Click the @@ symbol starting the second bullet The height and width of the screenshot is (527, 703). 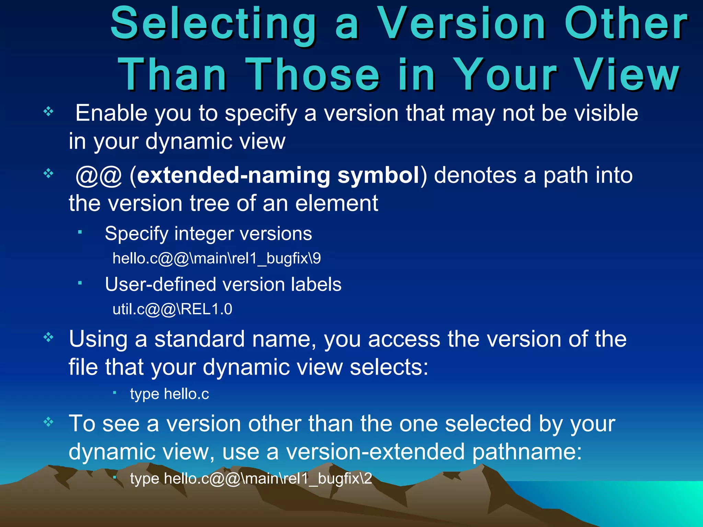[99, 176]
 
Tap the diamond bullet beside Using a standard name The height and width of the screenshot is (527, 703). [48, 337]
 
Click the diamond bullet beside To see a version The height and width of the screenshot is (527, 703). [48, 422]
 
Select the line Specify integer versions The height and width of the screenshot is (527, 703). [208, 234]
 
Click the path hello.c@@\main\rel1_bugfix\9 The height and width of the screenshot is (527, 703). [217, 258]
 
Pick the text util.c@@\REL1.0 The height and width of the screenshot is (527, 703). [172, 309]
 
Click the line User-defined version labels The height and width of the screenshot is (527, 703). [223, 284]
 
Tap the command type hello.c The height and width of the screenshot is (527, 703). [169, 394]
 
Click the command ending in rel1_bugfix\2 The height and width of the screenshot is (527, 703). [251, 479]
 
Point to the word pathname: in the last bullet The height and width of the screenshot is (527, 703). [527, 452]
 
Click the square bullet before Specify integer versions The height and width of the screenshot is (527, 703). [80, 232]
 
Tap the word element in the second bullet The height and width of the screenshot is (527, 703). [336, 203]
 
